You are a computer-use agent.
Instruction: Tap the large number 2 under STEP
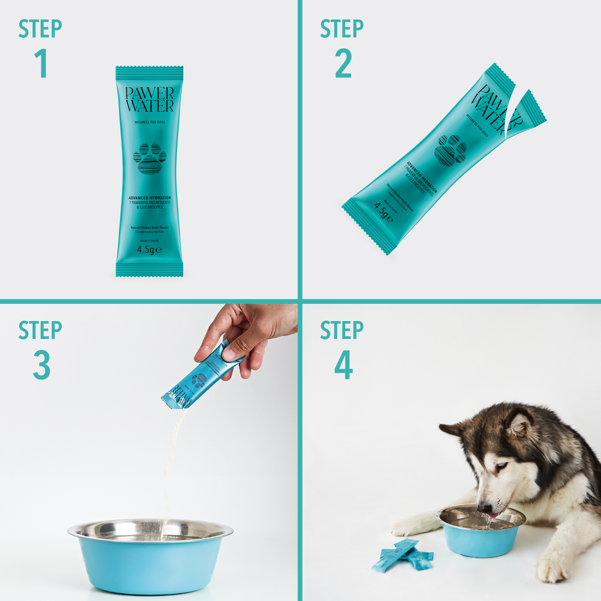[343, 63]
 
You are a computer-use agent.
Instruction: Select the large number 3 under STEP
[42, 365]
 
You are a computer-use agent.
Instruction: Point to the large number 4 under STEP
[343, 365]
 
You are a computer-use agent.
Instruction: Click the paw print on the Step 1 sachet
[149, 158]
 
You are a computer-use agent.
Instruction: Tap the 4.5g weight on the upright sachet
[149, 249]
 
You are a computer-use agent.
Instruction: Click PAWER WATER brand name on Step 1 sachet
[149, 99]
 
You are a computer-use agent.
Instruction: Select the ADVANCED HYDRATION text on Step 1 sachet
[149, 198]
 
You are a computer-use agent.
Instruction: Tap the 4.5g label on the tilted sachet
[384, 212]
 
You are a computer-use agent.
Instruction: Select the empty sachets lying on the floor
[402, 556]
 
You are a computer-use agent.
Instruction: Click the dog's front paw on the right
[552, 568]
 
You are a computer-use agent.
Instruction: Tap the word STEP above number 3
[40, 331]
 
